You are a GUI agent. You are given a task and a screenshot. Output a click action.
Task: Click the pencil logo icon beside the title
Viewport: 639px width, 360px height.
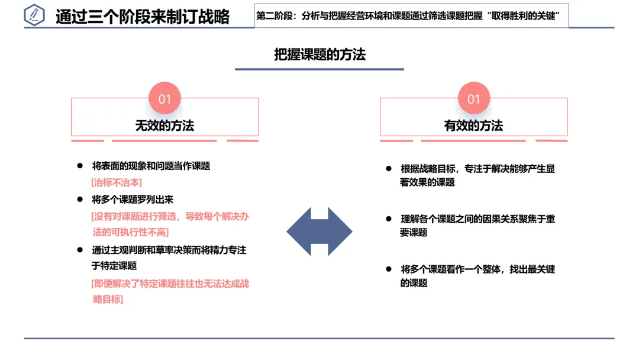click(x=34, y=15)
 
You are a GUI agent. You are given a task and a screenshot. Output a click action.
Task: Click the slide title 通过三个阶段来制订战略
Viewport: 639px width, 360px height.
click(x=142, y=17)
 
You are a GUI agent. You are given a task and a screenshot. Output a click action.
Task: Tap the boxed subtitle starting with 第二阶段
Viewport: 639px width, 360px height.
click(x=411, y=16)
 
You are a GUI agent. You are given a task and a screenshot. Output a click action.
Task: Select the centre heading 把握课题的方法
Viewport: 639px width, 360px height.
click(x=319, y=55)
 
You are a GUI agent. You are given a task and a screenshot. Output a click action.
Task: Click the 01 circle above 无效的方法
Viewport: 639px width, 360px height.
click(x=164, y=98)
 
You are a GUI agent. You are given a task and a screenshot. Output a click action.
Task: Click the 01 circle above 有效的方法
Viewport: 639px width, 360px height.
click(x=473, y=98)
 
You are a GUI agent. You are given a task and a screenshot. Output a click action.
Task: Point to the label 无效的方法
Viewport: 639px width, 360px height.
click(x=164, y=126)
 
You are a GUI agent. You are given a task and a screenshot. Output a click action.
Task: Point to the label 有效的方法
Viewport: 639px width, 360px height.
click(x=473, y=126)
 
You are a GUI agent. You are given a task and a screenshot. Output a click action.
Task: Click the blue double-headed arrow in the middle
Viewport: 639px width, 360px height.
click(x=319, y=232)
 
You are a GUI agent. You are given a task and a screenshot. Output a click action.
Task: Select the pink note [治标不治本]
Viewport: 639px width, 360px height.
click(x=117, y=182)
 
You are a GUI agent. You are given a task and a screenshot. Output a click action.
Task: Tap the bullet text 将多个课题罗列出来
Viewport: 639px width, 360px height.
click(x=133, y=200)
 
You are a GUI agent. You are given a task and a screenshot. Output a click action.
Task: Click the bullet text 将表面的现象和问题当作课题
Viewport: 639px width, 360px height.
click(x=151, y=166)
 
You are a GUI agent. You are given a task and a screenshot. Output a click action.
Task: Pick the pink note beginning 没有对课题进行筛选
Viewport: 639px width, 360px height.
click(x=170, y=224)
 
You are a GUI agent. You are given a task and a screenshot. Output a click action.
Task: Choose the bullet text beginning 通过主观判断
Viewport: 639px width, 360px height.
click(x=169, y=258)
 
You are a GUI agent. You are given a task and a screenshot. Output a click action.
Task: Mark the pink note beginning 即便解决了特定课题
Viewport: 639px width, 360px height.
click(x=170, y=291)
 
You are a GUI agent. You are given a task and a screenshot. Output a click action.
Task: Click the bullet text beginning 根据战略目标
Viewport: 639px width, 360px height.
click(x=477, y=175)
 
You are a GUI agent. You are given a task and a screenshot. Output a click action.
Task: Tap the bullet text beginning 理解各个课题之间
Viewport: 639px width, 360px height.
click(x=477, y=226)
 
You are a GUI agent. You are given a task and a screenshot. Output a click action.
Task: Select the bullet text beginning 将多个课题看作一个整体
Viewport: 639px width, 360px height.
click(x=477, y=276)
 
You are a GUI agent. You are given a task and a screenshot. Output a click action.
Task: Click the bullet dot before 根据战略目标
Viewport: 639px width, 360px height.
click(x=389, y=169)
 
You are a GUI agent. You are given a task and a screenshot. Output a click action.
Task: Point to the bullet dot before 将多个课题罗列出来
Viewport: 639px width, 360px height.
click(x=80, y=200)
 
